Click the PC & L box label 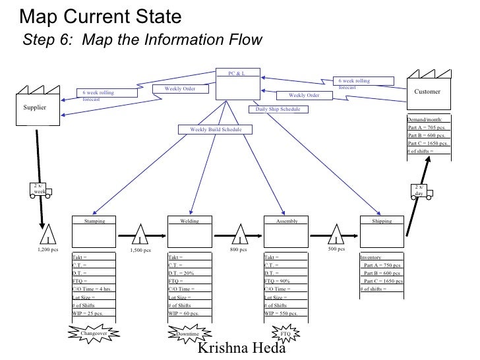236,73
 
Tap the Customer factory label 427,92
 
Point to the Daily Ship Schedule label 274,109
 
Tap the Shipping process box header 382,222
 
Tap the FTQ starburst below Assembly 285,334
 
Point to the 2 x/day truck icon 420,191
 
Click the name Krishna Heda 241,348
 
